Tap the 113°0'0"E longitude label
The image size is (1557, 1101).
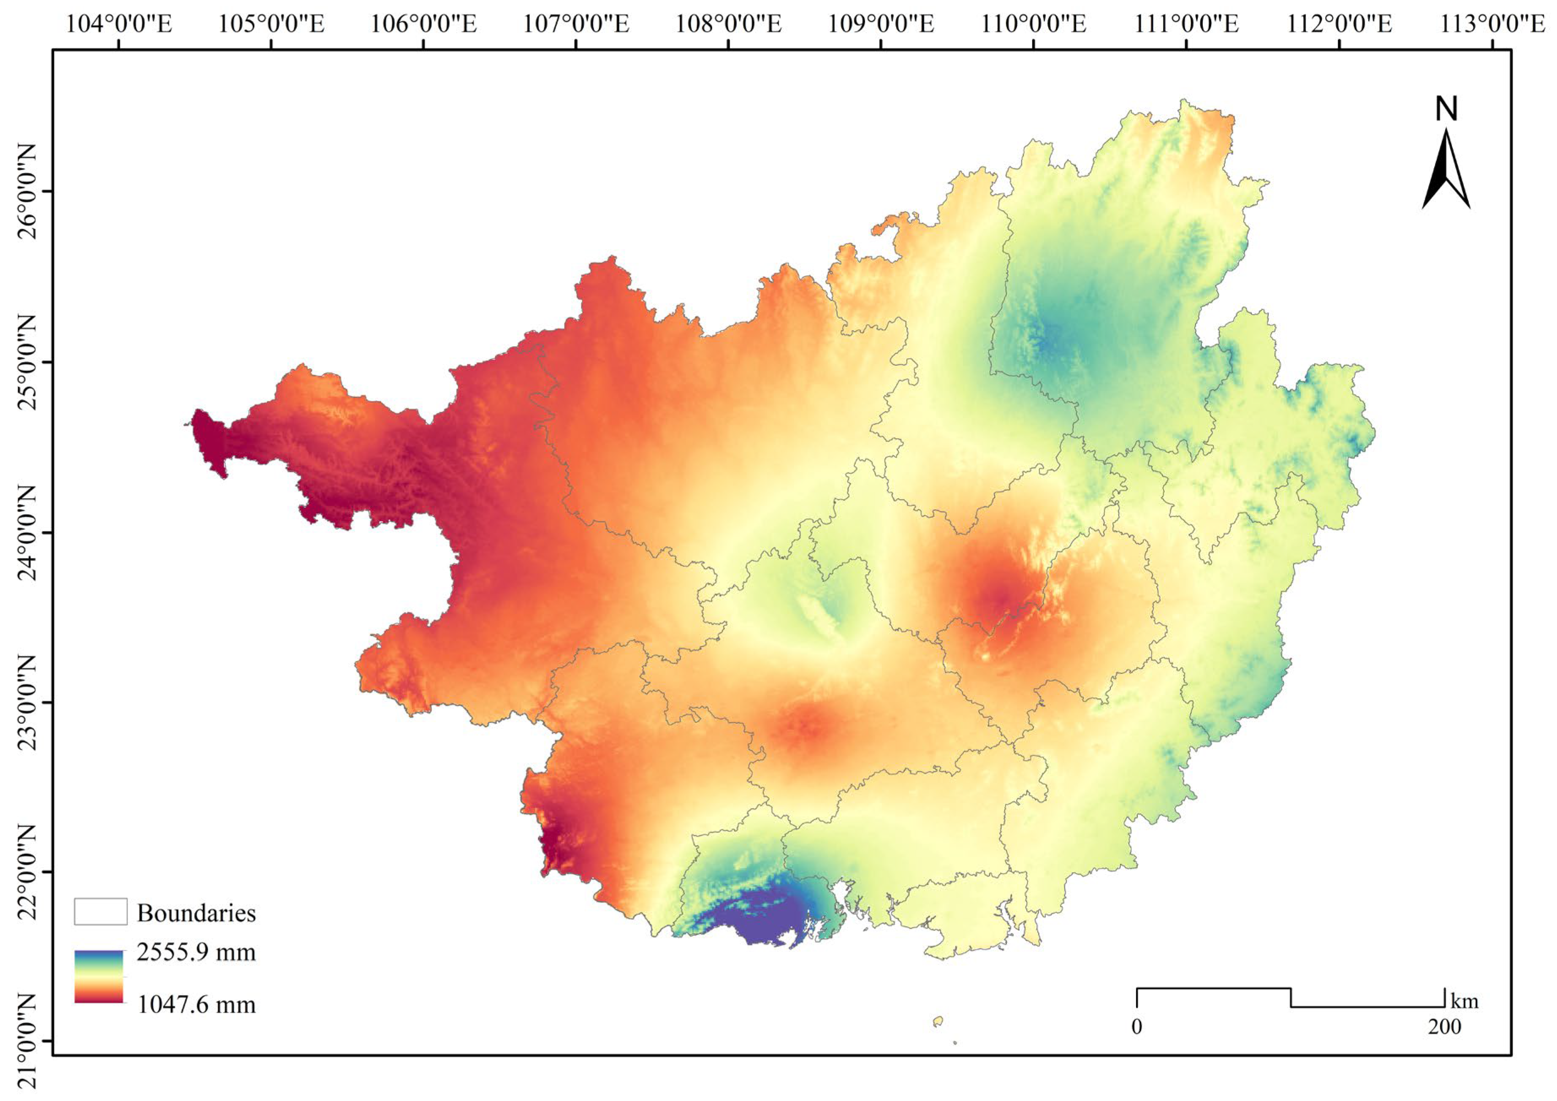[x=1492, y=24]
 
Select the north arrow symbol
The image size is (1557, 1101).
[x=1446, y=169]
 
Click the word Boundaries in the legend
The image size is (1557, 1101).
[x=196, y=913]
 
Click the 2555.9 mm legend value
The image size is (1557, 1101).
[x=196, y=952]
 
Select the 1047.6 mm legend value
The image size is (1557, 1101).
[x=196, y=1004]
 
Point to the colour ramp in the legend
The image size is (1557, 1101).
[x=99, y=976]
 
